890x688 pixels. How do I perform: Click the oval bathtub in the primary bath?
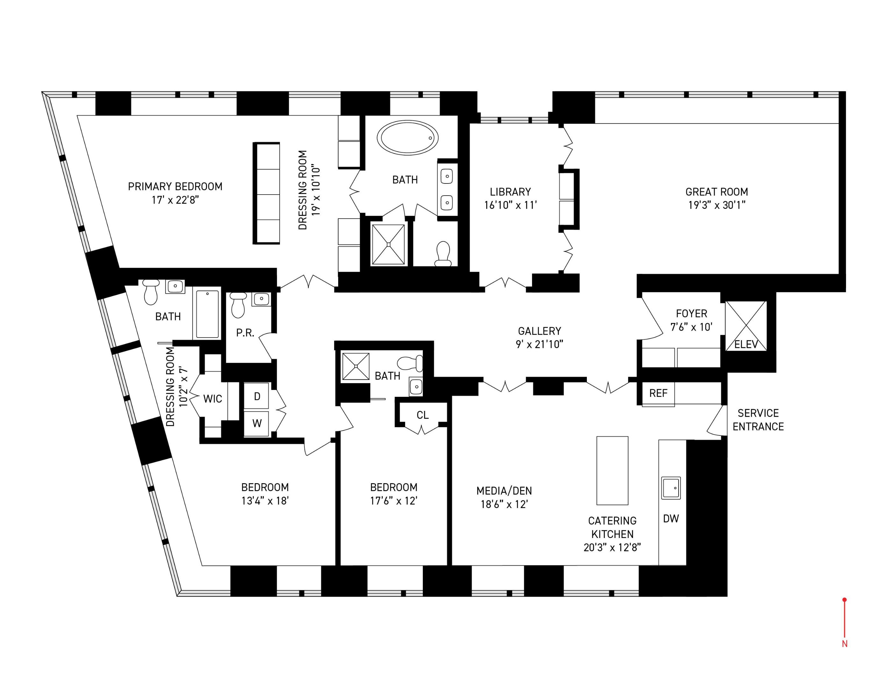(408, 137)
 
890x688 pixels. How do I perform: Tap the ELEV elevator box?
(746, 326)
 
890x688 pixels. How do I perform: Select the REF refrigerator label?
(658, 393)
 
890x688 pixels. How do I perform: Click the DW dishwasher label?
(671, 519)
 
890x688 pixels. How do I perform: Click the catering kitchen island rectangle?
(612, 470)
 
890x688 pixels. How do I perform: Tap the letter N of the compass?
(844, 644)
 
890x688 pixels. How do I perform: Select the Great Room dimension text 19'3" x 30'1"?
(716, 205)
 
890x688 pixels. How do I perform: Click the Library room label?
(510, 191)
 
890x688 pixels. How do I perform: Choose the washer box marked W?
(257, 423)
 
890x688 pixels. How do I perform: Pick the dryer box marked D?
(257, 396)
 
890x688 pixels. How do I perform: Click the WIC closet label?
(212, 398)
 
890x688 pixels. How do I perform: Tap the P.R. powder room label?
(245, 333)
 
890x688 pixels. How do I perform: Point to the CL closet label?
(423, 415)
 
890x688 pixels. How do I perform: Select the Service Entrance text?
(758, 420)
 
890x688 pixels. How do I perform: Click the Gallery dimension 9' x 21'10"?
(539, 344)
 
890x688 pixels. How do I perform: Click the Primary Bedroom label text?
(175, 187)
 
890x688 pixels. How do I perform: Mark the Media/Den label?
(504, 491)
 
